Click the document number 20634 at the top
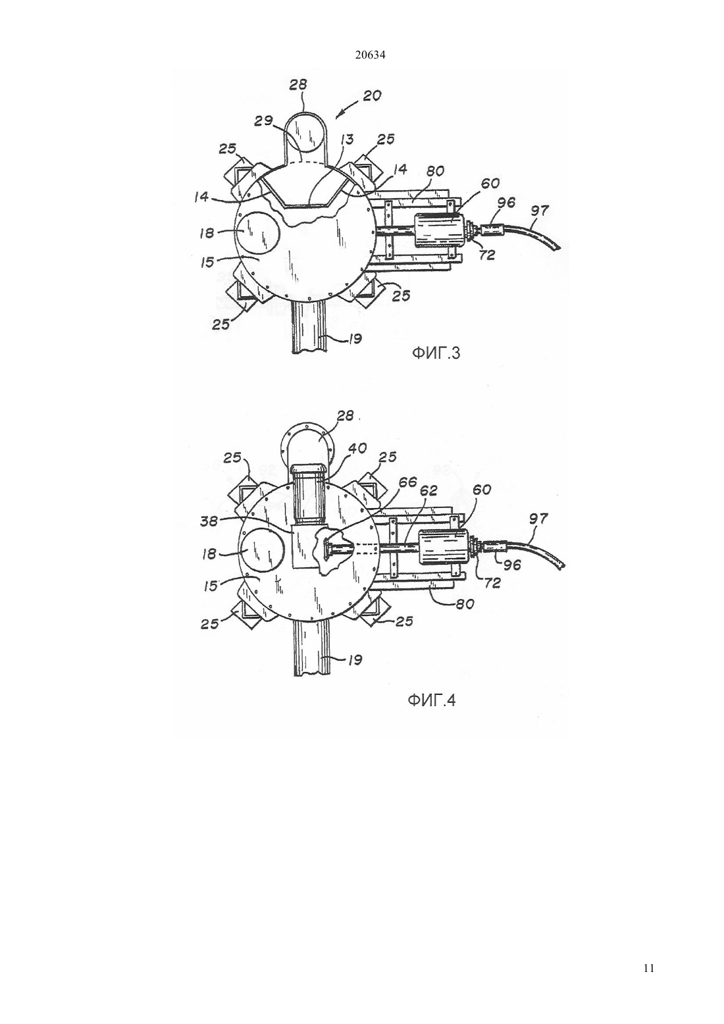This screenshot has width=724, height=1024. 370,55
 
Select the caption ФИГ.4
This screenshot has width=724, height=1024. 432,713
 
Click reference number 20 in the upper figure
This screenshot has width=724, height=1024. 372,97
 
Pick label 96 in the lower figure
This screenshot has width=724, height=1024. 512,565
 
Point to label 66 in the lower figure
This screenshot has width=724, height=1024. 407,482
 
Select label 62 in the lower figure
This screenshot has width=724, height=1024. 428,490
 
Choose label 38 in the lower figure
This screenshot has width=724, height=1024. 209,521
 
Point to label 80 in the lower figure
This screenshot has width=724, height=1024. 465,604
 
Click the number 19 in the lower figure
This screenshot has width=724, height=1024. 355,659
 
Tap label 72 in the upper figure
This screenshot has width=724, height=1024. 487,255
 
